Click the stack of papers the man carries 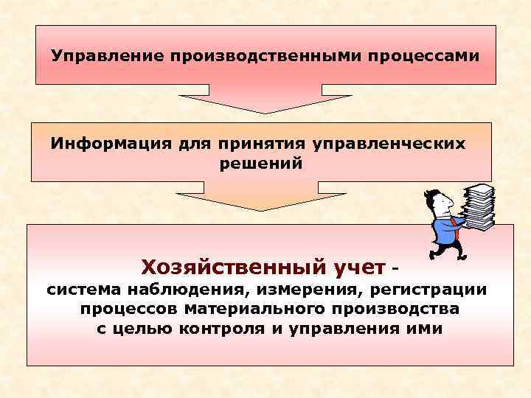[x=478, y=206]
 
